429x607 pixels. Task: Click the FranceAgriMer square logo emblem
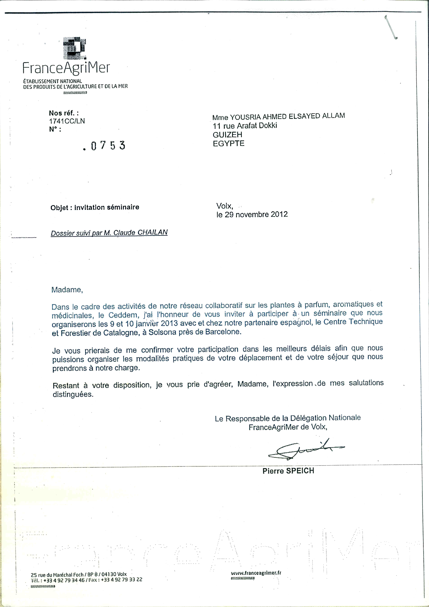tap(75, 48)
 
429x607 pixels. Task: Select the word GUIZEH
tap(227, 135)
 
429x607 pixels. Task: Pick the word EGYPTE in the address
tap(229, 144)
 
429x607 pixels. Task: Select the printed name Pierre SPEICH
tap(288, 471)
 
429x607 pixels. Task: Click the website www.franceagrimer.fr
tap(256, 573)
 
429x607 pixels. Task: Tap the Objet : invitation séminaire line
tap(95, 207)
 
